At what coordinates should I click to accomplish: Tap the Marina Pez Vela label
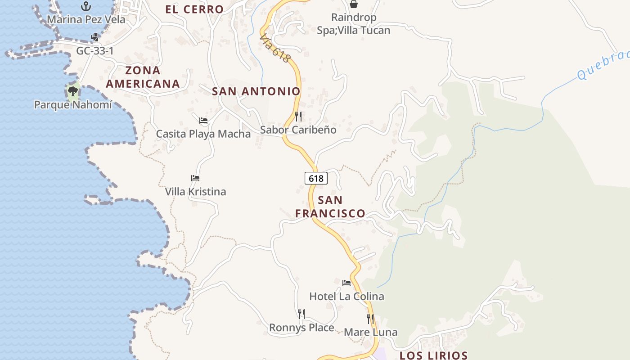pyautogui.click(x=86, y=20)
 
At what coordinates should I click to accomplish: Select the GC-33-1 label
pyautogui.click(x=95, y=51)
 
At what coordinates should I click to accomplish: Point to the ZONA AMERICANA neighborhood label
pyautogui.click(x=143, y=77)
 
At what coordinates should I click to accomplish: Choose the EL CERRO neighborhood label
pyautogui.click(x=194, y=9)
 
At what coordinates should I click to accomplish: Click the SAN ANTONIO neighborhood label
pyautogui.click(x=256, y=91)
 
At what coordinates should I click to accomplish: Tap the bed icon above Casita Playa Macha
pyautogui.click(x=203, y=121)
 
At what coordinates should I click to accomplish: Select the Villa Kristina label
pyautogui.click(x=195, y=192)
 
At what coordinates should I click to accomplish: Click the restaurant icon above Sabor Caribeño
pyautogui.click(x=298, y=117)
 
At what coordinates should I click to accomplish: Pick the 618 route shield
pyautogui.click(x=316, y=178)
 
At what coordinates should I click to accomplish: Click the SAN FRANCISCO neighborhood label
pyautogui.click(x=330, y=207)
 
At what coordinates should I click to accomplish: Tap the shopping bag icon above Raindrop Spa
pyautogui.click(x=354, y=4)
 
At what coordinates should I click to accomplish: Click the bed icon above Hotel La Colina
pyautogui.click(x=346, y=283)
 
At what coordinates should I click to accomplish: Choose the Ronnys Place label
pyautogui.click(x=301, y=328)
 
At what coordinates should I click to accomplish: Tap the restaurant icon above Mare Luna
pyautogui.click(x=370, y=319)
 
